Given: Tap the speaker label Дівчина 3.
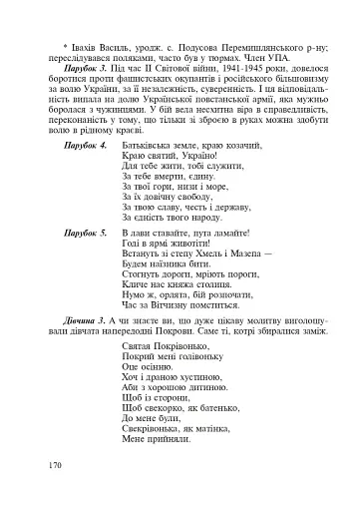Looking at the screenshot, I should [83, 342].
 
